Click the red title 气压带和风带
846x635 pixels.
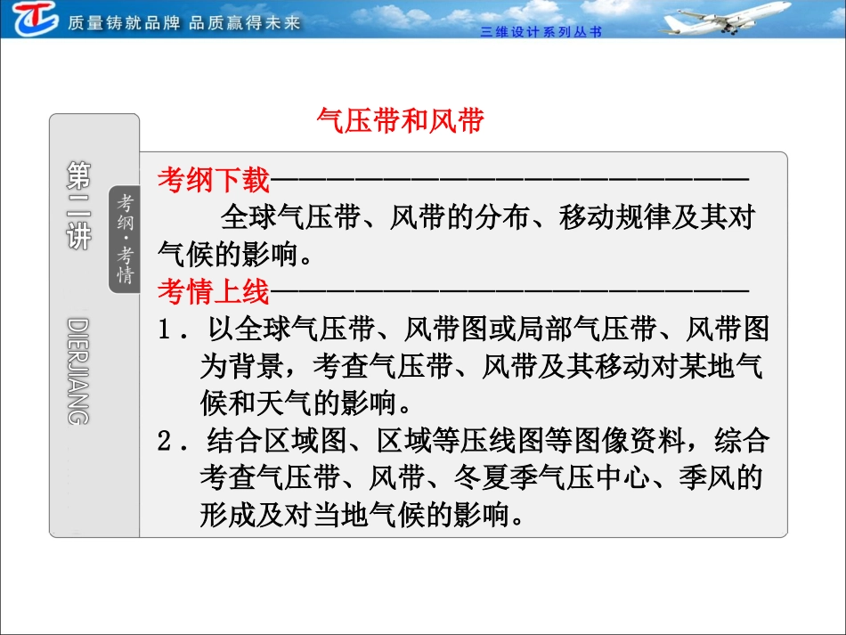click(x=400, y=120)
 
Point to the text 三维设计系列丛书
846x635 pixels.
click(x=541, y=31)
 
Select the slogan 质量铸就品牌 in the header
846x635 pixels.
click(x=124, y=22)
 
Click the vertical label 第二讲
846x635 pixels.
click(x=78, y=206)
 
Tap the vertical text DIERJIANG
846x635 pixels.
click(x=78, y=370)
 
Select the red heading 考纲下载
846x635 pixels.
click(x=213, y=181)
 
